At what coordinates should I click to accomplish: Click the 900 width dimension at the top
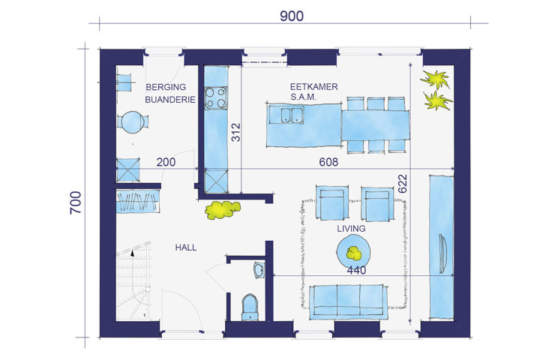click(291, 16)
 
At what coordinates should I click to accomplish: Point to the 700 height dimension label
click(76, 202)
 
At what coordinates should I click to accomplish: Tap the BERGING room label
click(166, 87)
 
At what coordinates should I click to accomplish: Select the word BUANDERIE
click(170, 100)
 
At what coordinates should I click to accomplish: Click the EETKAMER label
click(313, 87)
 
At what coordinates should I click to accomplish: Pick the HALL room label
click(186, 247)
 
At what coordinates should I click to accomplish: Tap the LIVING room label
click(351, 229)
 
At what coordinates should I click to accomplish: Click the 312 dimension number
click(236, 132)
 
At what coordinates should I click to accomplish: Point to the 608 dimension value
click(328, 162)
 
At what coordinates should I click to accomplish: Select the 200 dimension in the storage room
click(166, 162)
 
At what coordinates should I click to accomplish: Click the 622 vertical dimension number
click(402, 184)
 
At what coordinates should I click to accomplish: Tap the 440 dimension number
click(356, 271)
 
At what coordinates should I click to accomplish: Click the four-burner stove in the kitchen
click(216, 97)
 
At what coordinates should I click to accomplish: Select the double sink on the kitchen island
click(292, 115)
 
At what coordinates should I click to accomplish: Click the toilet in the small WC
click(250, 307)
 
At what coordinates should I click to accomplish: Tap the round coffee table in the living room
click(353, 250)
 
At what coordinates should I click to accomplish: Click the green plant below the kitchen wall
click(223, 210)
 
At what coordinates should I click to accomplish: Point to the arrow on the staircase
click(133, 253)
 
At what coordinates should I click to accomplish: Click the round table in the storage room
click(133, 122)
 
